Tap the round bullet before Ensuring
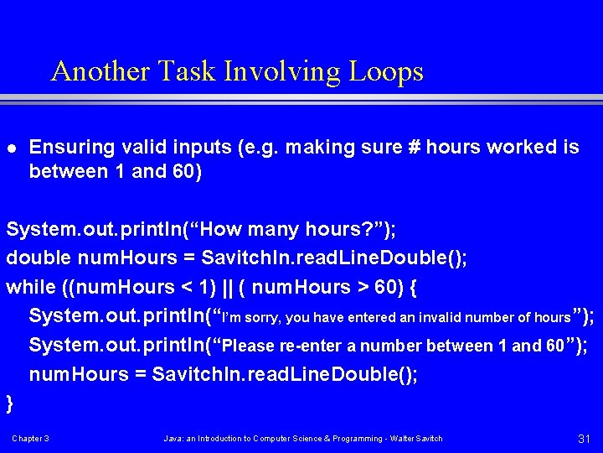pos(10,148)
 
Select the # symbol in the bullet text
pos(412,148)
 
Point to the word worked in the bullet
pos(521,148)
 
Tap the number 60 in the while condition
pos(387,287)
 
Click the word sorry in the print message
pos(265,317)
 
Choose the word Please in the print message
pos(252,346)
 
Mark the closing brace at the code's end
pos(10,404)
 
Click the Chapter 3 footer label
pos(30,439)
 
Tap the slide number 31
pos(585,439)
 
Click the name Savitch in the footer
pos(427,439)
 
